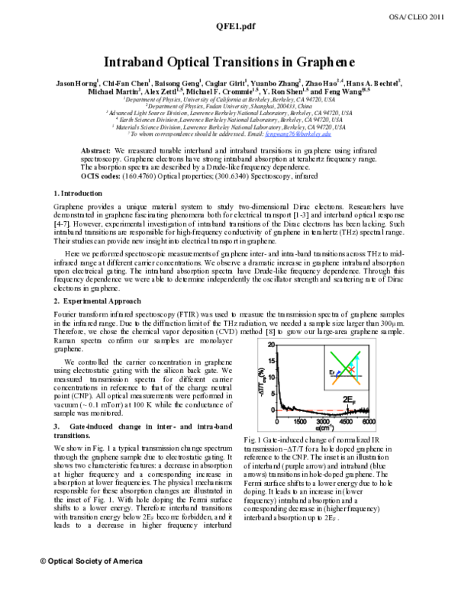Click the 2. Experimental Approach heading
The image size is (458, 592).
coord(89,323)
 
